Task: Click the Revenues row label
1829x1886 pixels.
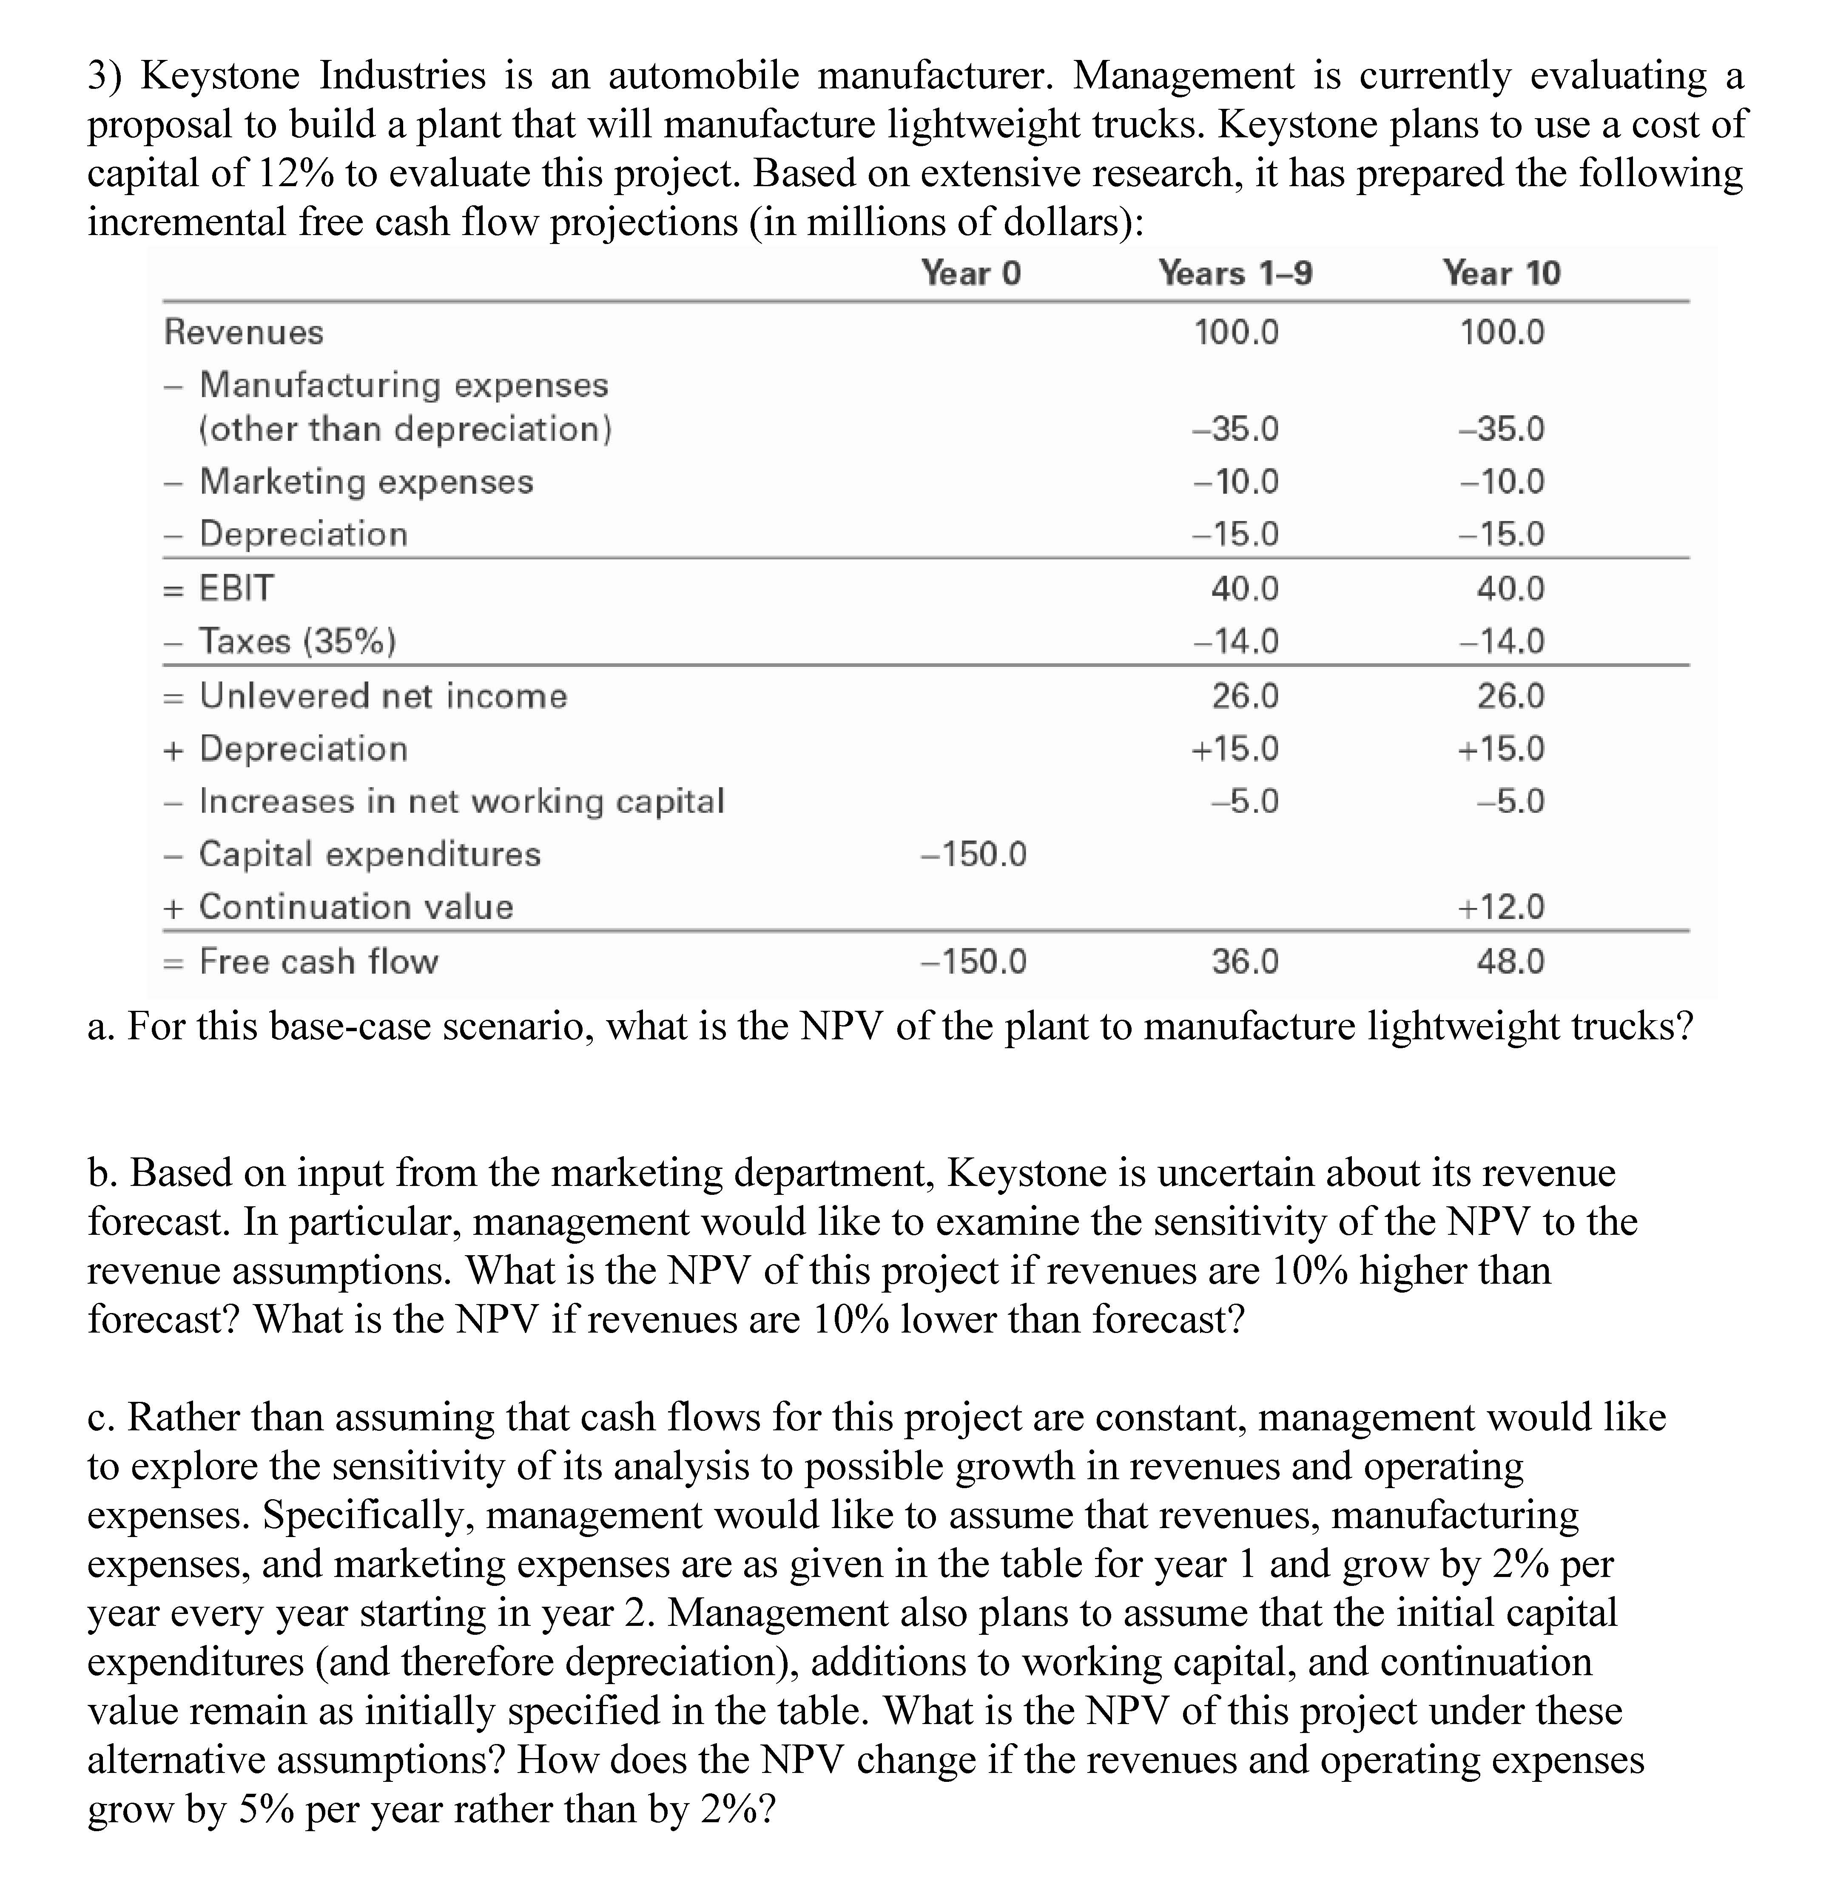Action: (244, 332)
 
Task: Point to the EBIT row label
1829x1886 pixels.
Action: (236, 588)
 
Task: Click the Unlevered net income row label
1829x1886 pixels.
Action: (383, 696)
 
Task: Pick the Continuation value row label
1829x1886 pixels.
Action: (356, 906)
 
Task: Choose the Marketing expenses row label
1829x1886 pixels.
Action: (366, 481)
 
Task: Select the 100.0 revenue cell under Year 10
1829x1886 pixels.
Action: (1502, 332)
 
